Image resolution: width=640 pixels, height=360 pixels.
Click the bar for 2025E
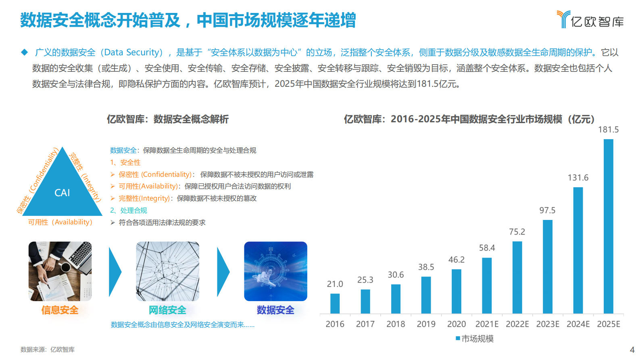coord(608,226)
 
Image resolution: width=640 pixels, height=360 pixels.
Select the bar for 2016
coord(335,303)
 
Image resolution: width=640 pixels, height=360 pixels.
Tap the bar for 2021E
coord(487,285)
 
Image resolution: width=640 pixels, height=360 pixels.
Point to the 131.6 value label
coord(578,178)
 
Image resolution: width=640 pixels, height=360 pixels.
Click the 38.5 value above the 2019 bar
coord(426,267)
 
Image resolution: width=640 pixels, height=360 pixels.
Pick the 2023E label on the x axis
coord(547,324)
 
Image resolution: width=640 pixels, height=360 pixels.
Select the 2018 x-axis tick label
coord(396,324)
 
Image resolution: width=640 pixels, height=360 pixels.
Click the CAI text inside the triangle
coord(62,193)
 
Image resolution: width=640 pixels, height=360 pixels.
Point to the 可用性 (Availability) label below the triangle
coord(60,222)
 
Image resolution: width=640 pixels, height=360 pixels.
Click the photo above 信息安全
coord(60,271)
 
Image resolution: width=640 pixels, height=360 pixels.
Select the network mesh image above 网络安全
coord(167,271)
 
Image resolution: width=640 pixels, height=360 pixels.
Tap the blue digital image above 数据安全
coord(275,271)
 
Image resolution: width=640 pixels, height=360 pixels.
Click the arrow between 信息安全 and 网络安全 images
coord(115,272)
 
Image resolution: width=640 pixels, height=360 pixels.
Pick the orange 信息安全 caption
coord(60,310)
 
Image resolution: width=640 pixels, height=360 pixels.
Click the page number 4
coord(632,350)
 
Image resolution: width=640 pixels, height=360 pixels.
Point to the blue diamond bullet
coord(25,52)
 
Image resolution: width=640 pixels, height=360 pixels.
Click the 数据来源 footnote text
coord(48,350)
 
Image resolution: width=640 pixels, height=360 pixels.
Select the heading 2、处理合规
coord(129,210)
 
